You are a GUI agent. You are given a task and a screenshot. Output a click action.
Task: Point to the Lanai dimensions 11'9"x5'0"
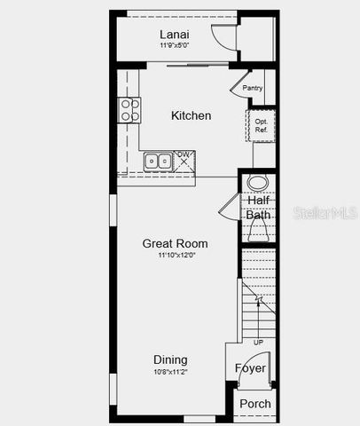[176, 44]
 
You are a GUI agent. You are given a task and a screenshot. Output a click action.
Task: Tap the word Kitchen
[191, 115]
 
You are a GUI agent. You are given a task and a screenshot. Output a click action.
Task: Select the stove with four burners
[129, 109]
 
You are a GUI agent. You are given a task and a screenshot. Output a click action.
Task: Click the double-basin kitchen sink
[159, 162]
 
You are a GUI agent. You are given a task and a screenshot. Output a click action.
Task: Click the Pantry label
[253, 88]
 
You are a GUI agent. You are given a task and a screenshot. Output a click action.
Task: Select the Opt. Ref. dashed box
[261, 125]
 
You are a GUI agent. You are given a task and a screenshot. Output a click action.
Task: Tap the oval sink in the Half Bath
[258, 184]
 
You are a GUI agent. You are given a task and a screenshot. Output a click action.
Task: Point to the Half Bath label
[258, 208]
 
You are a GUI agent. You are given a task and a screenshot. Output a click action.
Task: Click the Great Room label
[176, 243]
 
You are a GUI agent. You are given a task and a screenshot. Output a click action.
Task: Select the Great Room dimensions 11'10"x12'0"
[176, 256]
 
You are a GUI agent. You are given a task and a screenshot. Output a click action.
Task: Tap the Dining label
[170, 359]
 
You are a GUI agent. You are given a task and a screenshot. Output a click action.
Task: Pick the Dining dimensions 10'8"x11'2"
[170, 372]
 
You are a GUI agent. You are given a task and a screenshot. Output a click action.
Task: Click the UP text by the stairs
[258, 342]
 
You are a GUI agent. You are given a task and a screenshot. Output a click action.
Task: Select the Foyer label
[250, 368]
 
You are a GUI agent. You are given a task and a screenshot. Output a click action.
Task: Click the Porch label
[255, 404]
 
